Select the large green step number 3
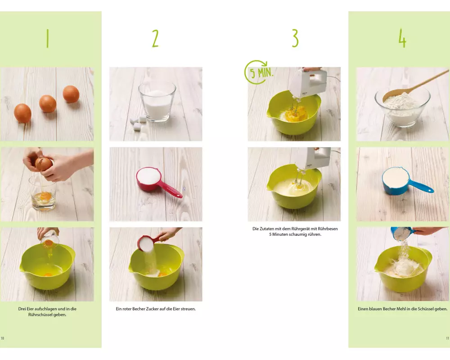click(295, 38)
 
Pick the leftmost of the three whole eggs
click(22, 113)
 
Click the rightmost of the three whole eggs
click(71, 94)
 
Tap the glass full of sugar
click(157, 102)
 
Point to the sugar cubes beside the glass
click(138, 122)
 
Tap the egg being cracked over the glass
click(44, 164)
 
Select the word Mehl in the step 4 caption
click(401, 309)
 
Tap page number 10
click(3, 338)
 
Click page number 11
click(447, 338)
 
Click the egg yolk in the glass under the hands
click(45, 196)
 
